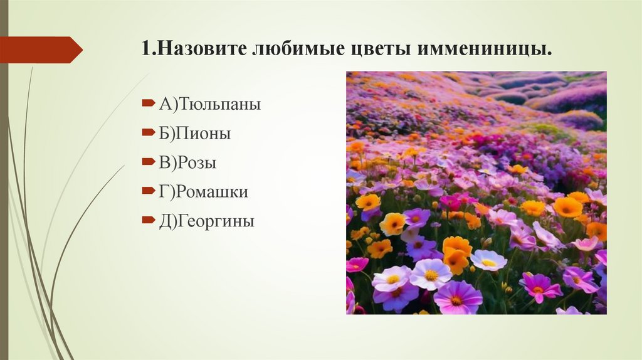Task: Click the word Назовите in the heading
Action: click(x=200, y=49)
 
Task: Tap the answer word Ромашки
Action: click(x=213, y=192)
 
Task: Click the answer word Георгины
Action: click(x=217, y=221)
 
